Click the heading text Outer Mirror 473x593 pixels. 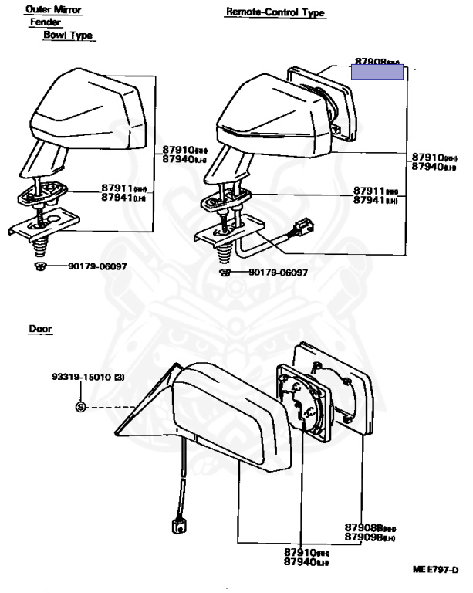click(x=53, y=10)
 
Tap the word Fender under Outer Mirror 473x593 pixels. click(x=46, y=22)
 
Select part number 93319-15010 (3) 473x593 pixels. click(x=86, y=379)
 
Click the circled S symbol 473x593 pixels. click(x=80, y=407)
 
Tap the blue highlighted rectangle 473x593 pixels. click(x=377, y=72)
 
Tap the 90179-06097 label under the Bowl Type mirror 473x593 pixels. click(x=97, y=267)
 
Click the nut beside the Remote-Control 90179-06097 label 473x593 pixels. click(x=225, y=273)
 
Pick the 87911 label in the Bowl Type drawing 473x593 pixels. click(x=117, y=188)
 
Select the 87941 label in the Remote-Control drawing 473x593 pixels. click(x=370, y=200)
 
